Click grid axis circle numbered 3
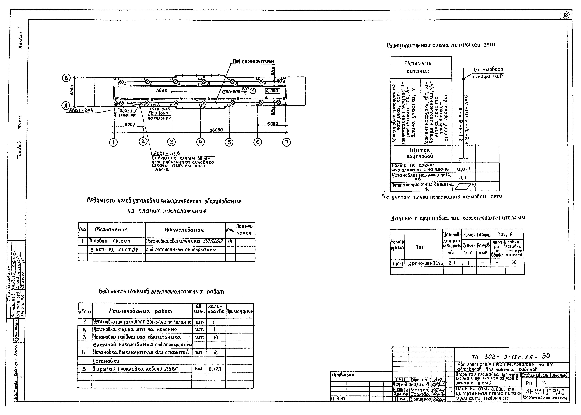171,142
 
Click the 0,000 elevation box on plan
272,91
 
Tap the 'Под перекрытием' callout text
253,61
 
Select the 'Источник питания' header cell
418,67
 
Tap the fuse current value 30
514,262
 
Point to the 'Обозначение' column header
111,230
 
